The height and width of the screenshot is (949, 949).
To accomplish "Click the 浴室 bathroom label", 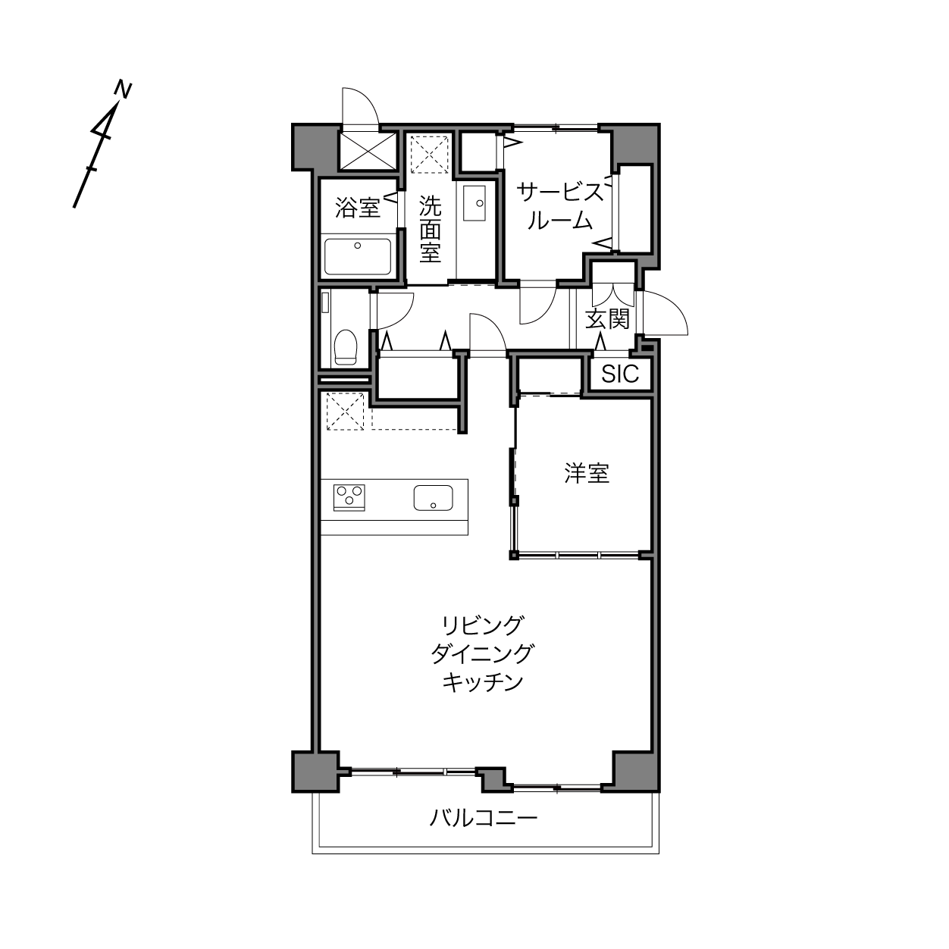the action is (x=358, y=208).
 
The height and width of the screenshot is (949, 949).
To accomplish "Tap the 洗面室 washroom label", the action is (x=430, y=230).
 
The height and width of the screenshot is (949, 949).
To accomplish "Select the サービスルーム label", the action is (x=560, y=206).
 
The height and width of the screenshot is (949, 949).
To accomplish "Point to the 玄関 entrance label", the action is (x=607, y=319).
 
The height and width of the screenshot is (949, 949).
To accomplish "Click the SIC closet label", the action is (x=620, y=374).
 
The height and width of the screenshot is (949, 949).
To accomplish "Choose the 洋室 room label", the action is (x=587, y=473).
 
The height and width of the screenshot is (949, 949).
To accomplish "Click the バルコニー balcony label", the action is (x=484, y=819).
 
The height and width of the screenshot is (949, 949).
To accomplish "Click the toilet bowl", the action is (x=345, y=347).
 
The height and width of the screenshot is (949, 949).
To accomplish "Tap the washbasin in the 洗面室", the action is (x=475, y=203).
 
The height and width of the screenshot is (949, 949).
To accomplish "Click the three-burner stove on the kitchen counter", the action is (x=349, y=497).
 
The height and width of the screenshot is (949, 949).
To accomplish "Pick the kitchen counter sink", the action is (x=434, y=498).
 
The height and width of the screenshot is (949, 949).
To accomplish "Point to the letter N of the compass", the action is (x=123, y=91).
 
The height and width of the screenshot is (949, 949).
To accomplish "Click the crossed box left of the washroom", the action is (x=368, y=151).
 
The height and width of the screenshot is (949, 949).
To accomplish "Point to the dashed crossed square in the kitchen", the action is (x=345, y=412).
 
